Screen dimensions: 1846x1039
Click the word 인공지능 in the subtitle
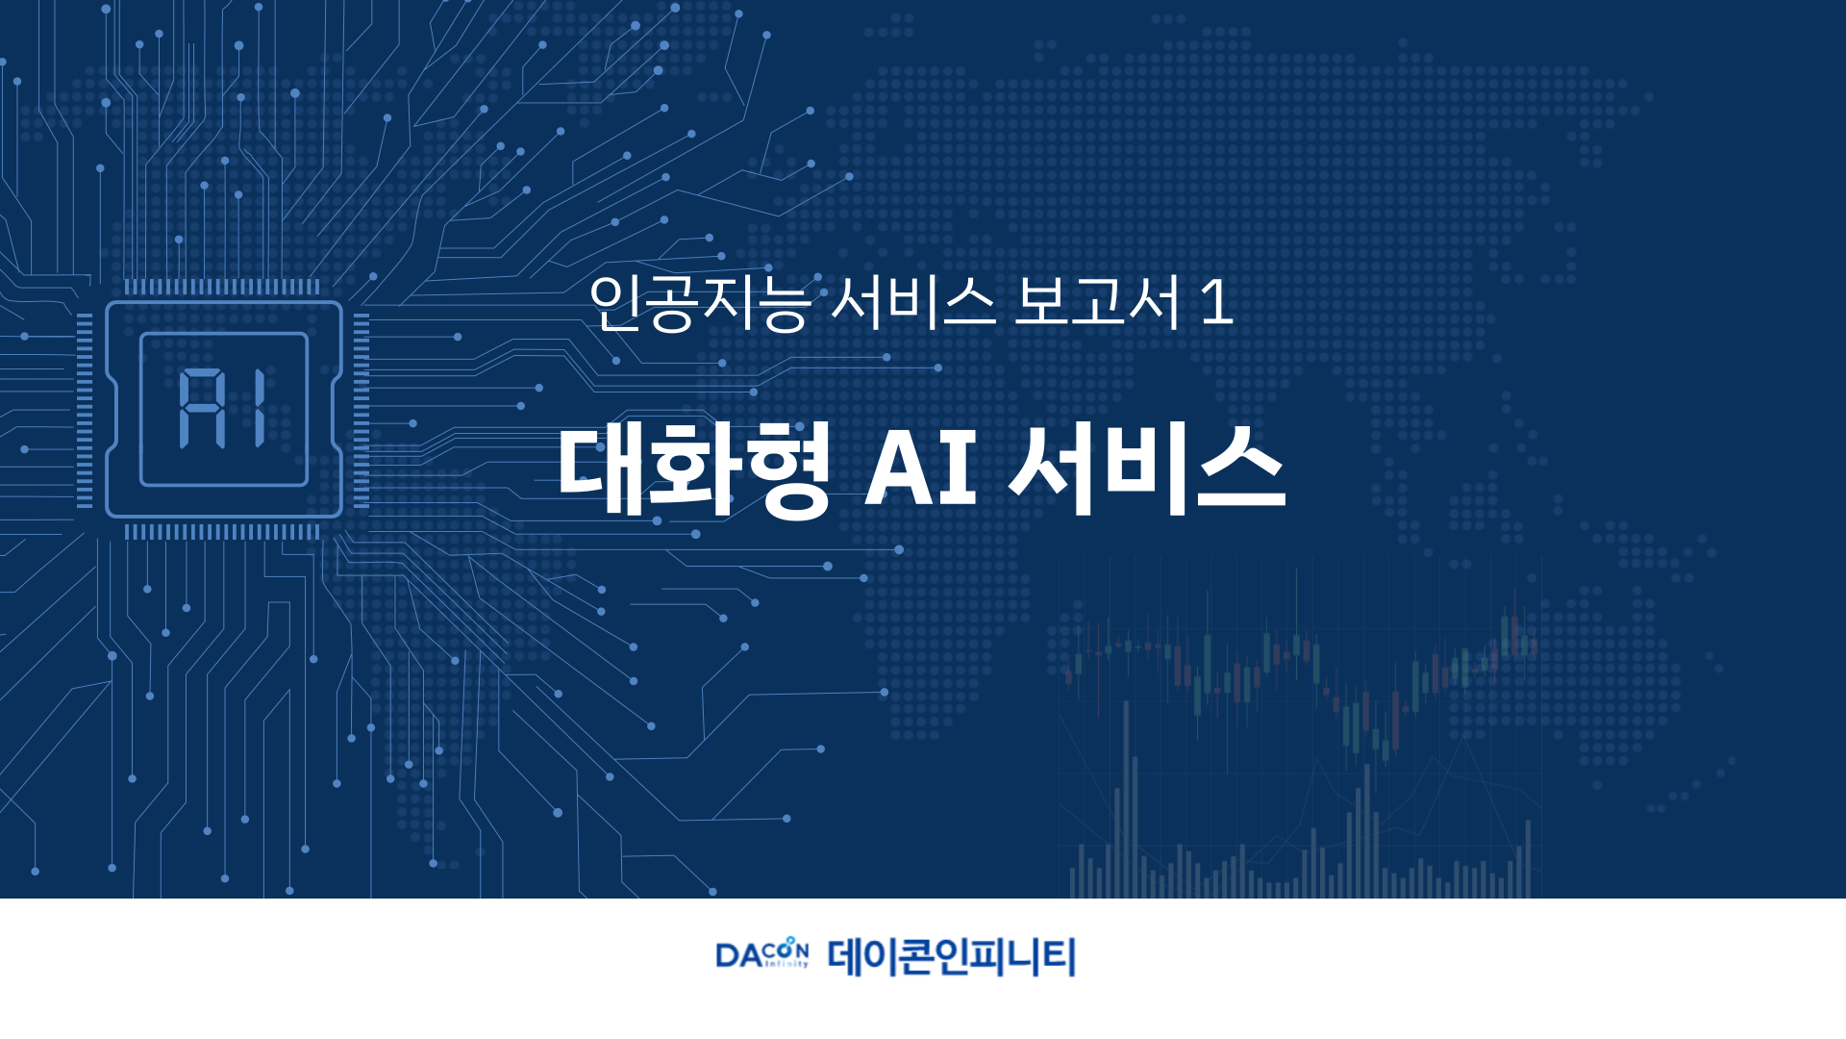coord(700,303)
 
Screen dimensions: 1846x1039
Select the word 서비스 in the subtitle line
coord(911,303)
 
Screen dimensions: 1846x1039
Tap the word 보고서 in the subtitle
coord(1097,303)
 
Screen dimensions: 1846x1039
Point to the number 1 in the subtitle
coord(1217,303)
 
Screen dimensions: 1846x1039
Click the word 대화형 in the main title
coord(694,469)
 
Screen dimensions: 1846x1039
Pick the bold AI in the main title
coord(921,469)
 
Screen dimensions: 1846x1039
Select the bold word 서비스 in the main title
coord(1148,469)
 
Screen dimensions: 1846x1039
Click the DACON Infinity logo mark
coord(762,953)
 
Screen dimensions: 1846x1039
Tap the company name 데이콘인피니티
coord(951,957)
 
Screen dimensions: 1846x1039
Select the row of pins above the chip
coord(222,287)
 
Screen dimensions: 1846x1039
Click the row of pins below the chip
coord(222,532)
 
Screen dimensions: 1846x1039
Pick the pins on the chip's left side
coord(85,410)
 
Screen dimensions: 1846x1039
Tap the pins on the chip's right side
coord(362,410)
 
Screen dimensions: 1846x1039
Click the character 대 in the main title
coord(600,469)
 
